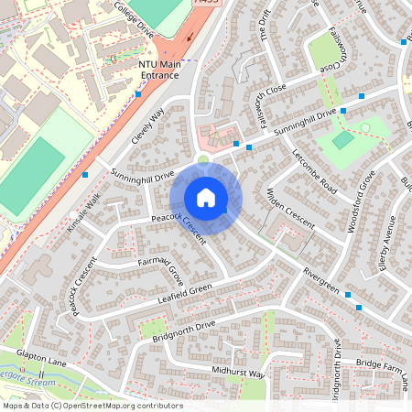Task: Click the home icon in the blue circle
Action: coord(206,197)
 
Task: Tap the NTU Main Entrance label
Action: coord(161,70)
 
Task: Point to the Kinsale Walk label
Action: coord(88,211)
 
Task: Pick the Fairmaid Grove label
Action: coord(161,271)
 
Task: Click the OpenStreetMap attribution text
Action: coord(92,405)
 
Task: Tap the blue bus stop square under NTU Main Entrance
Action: coord(138,92)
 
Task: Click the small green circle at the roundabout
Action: coord(202,157)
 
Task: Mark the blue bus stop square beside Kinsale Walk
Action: coord(85,173)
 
